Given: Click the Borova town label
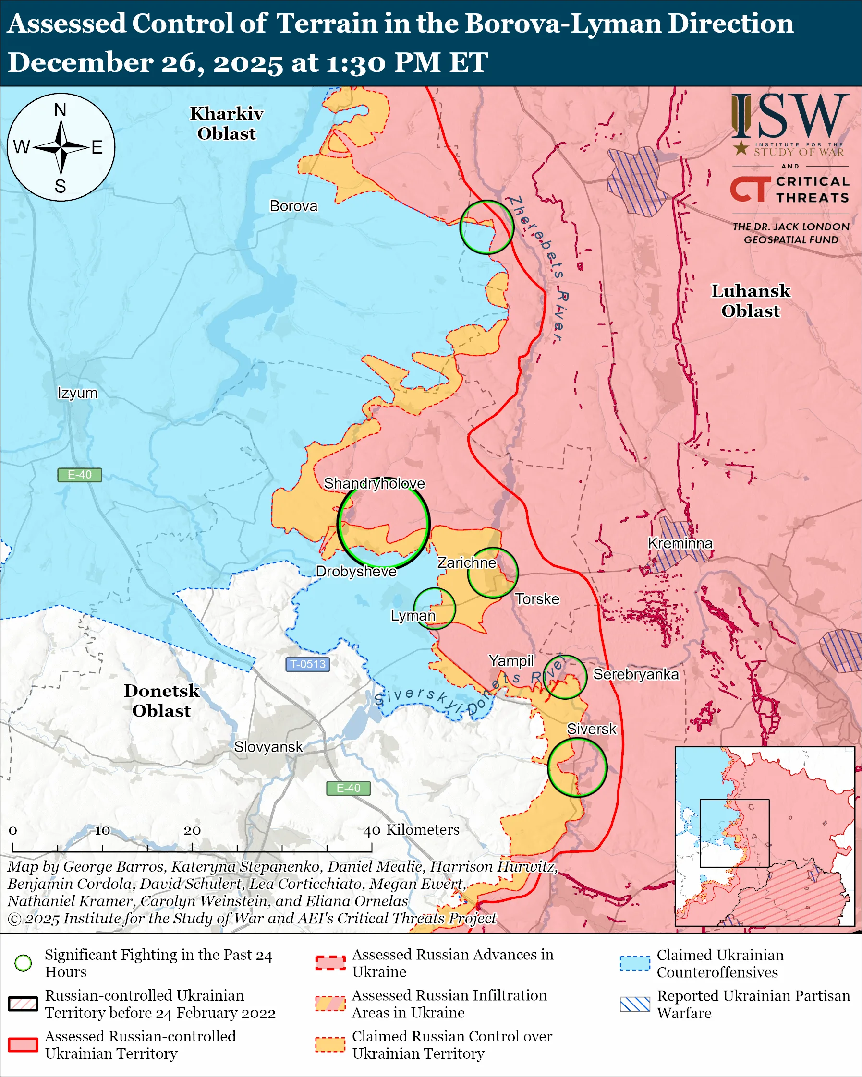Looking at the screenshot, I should (293, 206).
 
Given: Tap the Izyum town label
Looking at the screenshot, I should (77, 393).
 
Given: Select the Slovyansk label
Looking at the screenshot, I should (268, 747).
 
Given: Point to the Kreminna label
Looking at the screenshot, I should (680, 543).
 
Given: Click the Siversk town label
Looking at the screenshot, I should (591, 729).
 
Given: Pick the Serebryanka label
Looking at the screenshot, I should (636, 674).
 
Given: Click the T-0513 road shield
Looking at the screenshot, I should (307, 664).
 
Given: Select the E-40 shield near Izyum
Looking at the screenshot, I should (79, 475).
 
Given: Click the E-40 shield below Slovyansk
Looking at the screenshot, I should (348, 788).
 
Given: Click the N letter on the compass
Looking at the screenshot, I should (60, 110).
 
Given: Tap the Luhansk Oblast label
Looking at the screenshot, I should (751, 301).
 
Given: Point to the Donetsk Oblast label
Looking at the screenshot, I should (161, 700).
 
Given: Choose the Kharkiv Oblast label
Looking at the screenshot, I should (226, 123).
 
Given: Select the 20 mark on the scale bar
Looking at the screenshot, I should (192, 831).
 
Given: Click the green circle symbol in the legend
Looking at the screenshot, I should (23, 963).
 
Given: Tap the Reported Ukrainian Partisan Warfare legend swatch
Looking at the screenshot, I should (635, 1004).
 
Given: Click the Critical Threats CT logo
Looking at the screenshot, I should (750, 189).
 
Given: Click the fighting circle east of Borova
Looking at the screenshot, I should (486, 227).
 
